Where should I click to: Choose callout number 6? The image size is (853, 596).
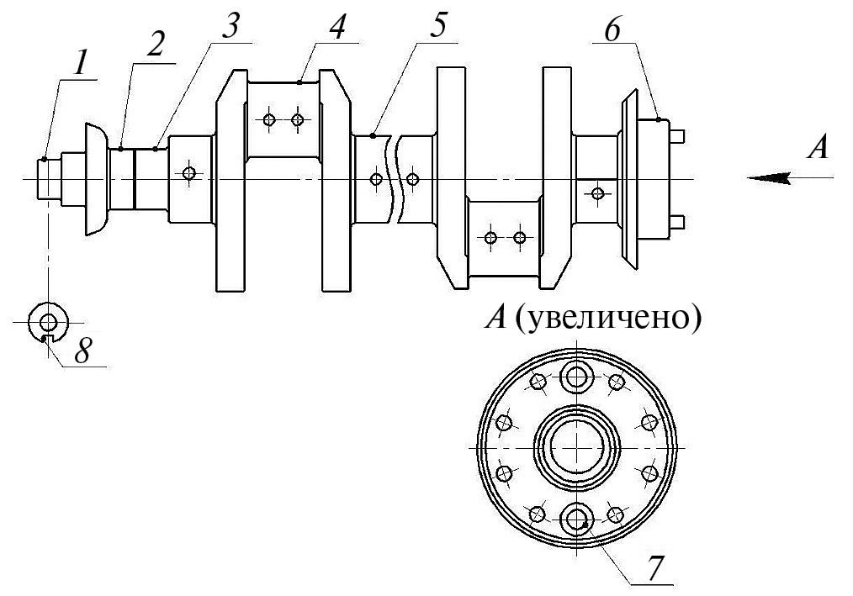point(612,30)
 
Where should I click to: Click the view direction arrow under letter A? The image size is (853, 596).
point(790,177)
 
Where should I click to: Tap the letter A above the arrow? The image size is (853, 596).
point(818,147)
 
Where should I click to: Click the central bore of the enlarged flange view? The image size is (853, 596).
point(576,446)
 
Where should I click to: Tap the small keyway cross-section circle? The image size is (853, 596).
point(49,323)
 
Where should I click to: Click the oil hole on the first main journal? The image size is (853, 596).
point(188,173)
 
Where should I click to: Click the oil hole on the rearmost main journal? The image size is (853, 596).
point(598,193)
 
